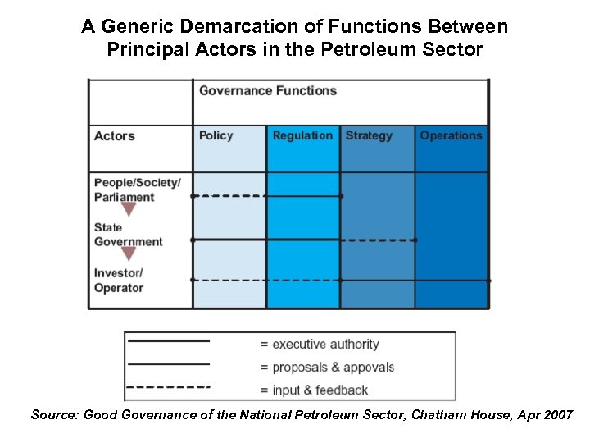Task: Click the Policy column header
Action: coord(216,136)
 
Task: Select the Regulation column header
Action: coord(302,136)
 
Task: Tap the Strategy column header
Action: coord(369,136)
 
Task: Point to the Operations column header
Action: coord(451,136)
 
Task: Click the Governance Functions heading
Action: coord(268,90)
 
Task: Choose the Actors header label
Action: coord(114,136)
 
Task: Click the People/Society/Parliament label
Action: coord(137,190)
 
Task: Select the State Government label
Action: coord(128,235)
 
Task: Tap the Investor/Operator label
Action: coord(118,281)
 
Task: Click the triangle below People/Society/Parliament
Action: coord(128,209)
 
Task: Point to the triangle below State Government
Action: coord(128,253)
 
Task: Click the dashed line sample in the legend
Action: coord(168,386)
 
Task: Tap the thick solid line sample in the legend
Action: coord(168,340)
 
